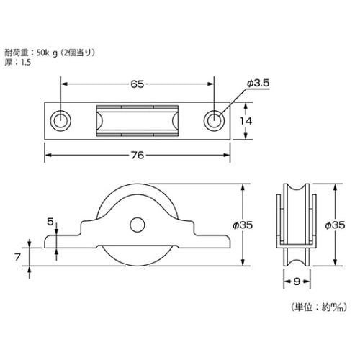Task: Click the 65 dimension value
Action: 137,84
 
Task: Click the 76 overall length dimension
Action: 138,155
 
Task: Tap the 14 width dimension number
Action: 246,121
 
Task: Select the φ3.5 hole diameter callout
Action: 258,84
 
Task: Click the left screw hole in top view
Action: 60,121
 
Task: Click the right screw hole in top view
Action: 214,121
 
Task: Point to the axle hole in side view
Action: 138,225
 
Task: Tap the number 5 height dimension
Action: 50,222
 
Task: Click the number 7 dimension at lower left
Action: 17,257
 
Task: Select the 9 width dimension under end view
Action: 297,282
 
